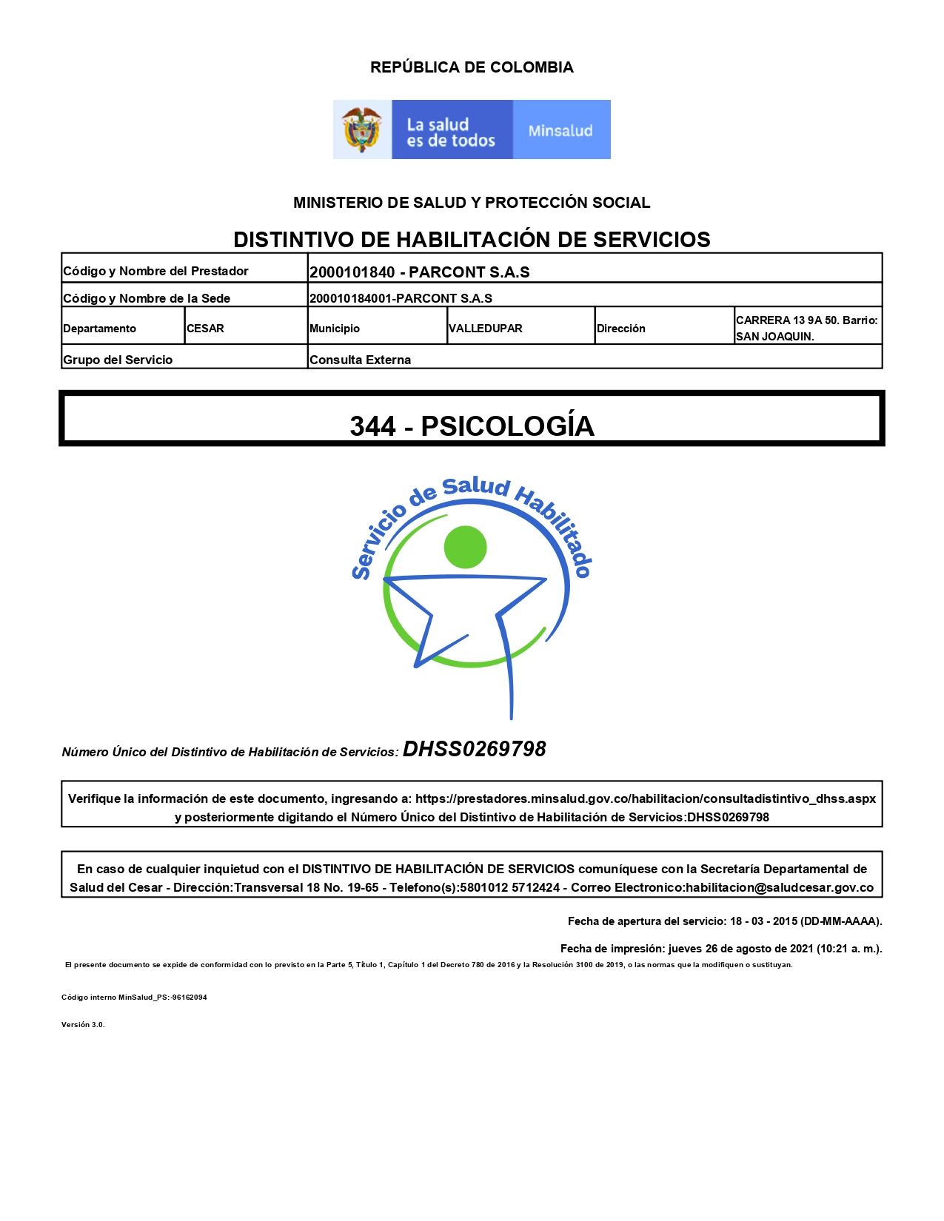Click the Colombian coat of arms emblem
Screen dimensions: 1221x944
[361, 129]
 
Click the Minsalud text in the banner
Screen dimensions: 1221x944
[560, 131]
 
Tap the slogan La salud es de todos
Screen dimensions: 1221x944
[450, 132]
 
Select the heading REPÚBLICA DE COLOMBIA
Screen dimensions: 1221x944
[472, 67]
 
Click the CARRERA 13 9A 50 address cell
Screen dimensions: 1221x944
[806, 328]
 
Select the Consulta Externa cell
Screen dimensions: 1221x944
[361, 360]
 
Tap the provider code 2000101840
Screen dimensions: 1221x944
[352, 272]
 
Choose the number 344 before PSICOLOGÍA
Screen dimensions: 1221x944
[373, 426]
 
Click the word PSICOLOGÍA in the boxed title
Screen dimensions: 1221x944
[508, 426]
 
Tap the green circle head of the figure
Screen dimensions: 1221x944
[465, 548]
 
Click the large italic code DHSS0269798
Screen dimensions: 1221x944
[474, 749]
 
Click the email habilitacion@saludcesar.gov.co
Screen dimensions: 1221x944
[780, 887]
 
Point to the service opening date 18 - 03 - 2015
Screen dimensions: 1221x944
[763, 921]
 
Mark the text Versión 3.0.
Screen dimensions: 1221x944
[83, 1025]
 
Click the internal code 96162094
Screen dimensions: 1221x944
[189, 998]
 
